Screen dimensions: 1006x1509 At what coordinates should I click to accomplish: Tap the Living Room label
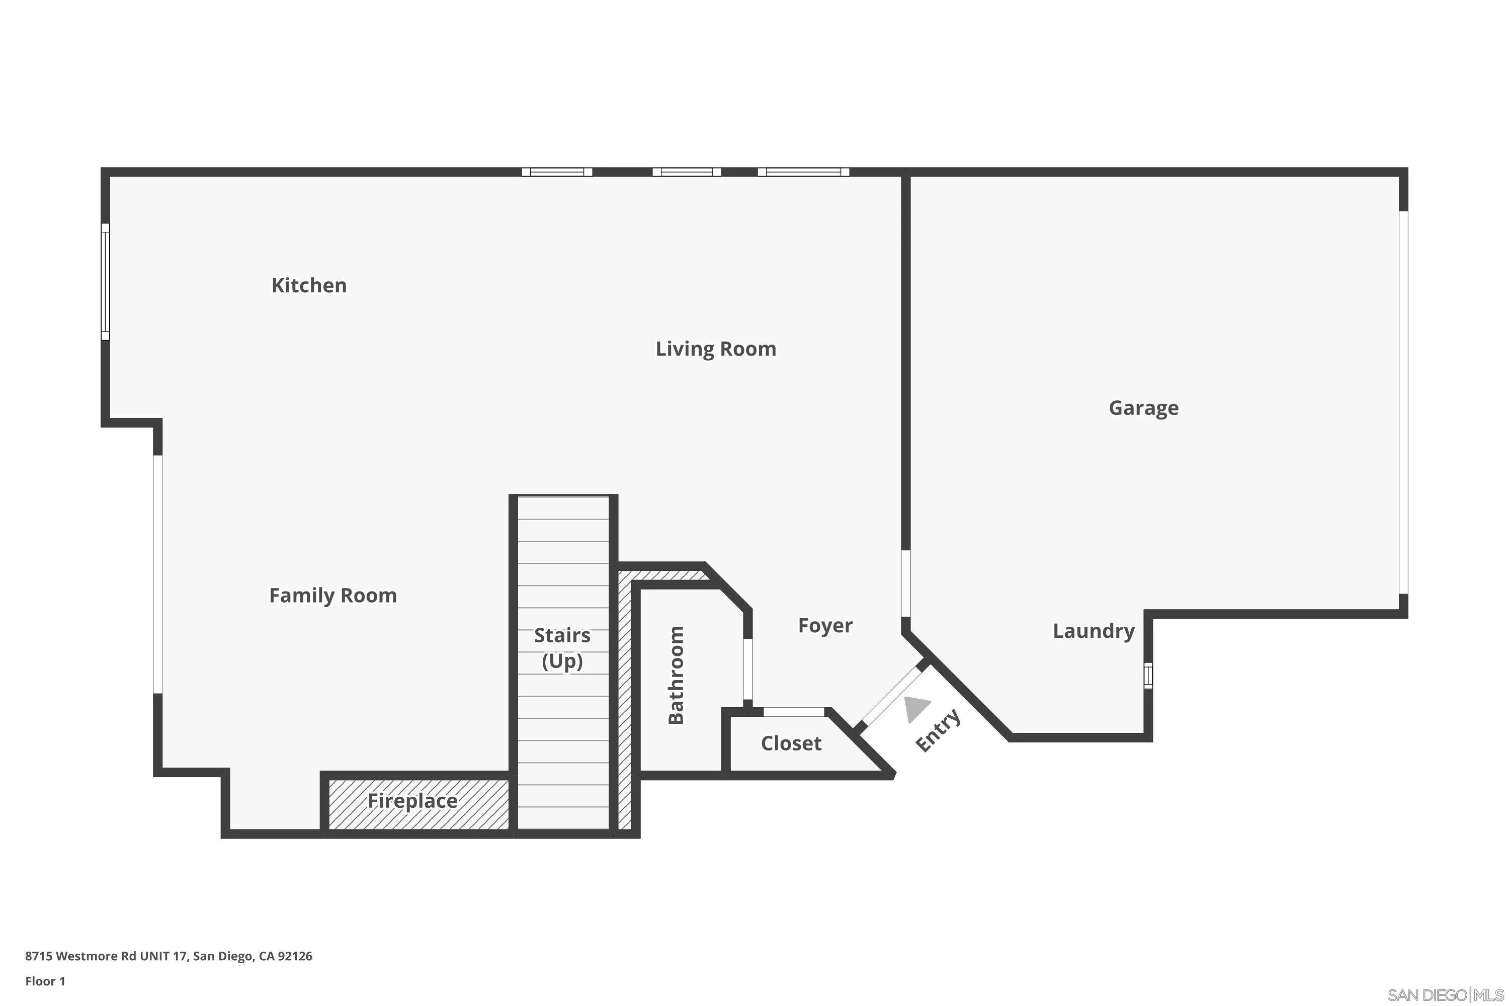715,349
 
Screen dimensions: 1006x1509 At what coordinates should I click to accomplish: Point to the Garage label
1143,407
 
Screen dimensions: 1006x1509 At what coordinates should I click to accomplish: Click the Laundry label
1093,631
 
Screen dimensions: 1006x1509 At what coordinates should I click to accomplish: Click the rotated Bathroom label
676,675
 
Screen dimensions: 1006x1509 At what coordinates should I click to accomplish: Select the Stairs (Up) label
562,648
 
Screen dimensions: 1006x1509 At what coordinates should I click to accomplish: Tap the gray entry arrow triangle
915,708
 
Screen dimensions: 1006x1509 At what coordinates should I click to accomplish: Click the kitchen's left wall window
105,282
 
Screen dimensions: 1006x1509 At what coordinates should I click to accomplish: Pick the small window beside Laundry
1148,676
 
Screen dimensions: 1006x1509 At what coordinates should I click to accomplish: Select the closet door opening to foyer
793,712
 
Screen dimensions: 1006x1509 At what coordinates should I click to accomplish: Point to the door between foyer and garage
905,582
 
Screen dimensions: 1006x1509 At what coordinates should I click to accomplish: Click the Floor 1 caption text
45,981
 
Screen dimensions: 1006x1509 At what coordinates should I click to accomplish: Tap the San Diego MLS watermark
1446,995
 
